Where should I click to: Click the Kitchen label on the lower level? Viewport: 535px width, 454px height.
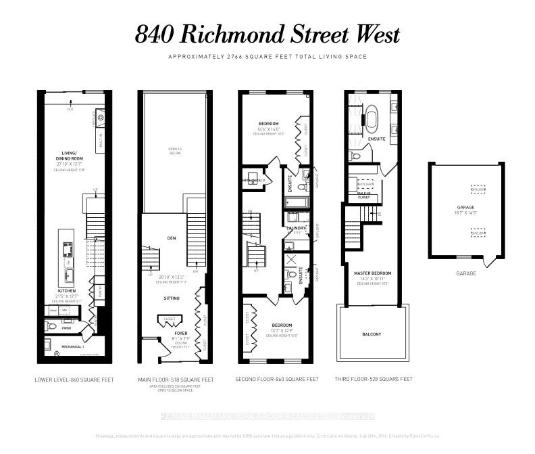(66, 290)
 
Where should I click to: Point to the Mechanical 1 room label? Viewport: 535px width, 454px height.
(74, 346)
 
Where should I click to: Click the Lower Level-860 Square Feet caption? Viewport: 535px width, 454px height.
(74, 380)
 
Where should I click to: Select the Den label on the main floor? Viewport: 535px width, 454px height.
(172, 237)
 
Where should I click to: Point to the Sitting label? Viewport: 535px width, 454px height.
(172, 297)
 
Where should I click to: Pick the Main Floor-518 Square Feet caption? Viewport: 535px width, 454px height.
(176, 380)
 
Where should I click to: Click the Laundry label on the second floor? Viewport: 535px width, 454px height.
(297, 228)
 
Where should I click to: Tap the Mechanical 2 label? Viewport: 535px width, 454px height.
(253, 181)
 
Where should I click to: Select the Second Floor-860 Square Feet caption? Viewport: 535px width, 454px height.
(276, 380)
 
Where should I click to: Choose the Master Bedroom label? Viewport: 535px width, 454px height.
(373, 273)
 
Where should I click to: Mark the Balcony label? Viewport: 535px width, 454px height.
(371, 334)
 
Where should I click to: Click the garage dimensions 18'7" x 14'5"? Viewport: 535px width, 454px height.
(466, 212)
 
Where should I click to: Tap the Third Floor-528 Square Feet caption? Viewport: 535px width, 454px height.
(373, 380)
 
